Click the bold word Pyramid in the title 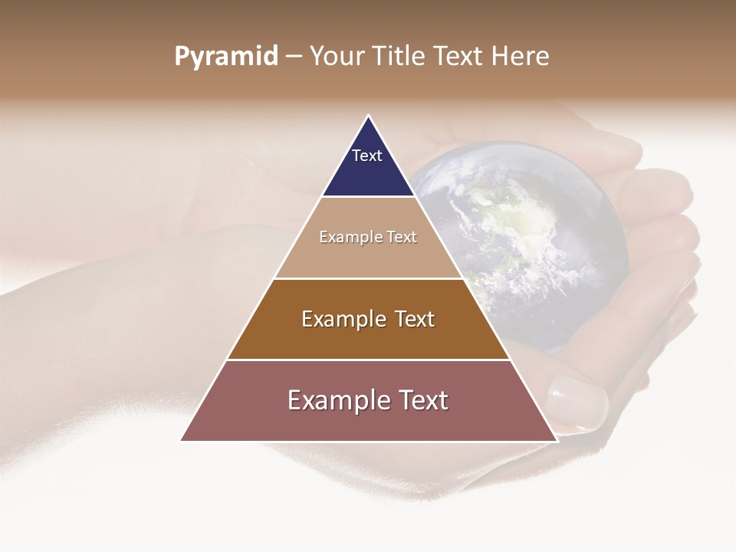[226, 57]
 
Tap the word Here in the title [520, 57]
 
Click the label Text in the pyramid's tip [367, 156]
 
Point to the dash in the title [294, 57]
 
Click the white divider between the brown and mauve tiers [368, 360]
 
